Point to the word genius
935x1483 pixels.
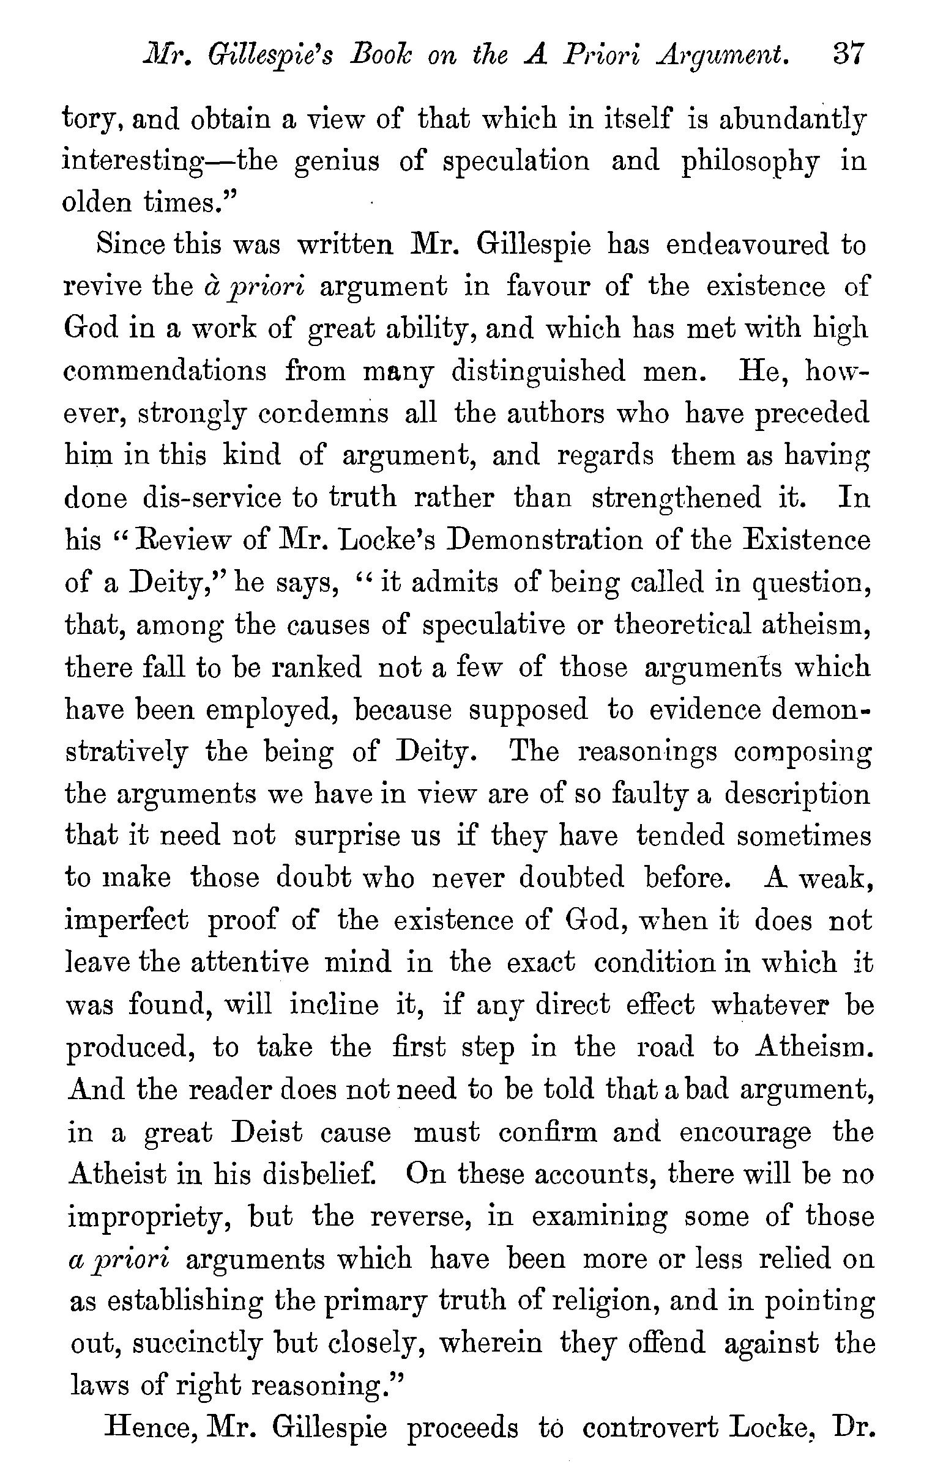335,161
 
